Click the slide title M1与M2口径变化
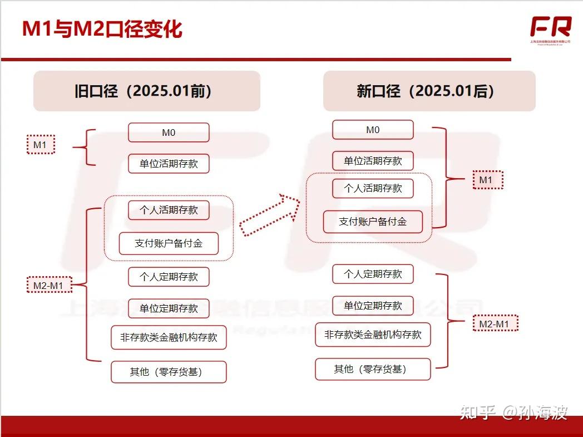(x=102, y=29)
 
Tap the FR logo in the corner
(x=550, y=28)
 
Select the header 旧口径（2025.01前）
(x=146, y=91)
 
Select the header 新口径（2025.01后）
(x=429, y=91)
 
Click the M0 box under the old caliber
(x=169, y=132)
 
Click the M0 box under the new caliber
(x=373, y=130)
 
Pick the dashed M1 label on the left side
(x=41, y=145)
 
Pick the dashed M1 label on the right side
(x=487, y=179)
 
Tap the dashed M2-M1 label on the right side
(x=495, y=323)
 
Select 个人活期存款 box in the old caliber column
(x=169, y=210)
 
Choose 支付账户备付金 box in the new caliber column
(x=373, y=222)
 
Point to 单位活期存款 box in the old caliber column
(x=169, y=164)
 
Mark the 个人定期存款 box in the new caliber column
(x=373, y=274)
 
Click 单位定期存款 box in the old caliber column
(x=169, y=308)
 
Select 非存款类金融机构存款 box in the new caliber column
(x=373, y=335)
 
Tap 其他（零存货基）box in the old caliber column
(x=169, y=372)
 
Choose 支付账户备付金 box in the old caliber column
(x=169, y=243)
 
